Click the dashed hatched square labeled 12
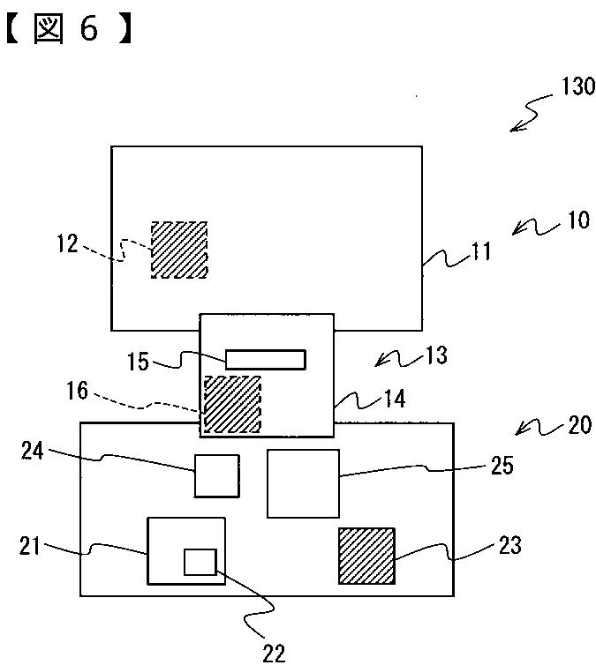(x=179, y=250)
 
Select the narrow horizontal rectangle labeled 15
(x=266, y=359)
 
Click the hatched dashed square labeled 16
(x=232, y=404)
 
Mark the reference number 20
(x=578, y=425)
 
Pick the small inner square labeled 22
(x=200, y=562)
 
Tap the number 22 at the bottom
(x=274, y=652)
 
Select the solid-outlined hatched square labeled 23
(x=366, y=556)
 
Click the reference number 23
(x=509, y=546)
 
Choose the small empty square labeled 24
(x=216, y=475)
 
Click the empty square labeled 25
(x=304, y=483)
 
